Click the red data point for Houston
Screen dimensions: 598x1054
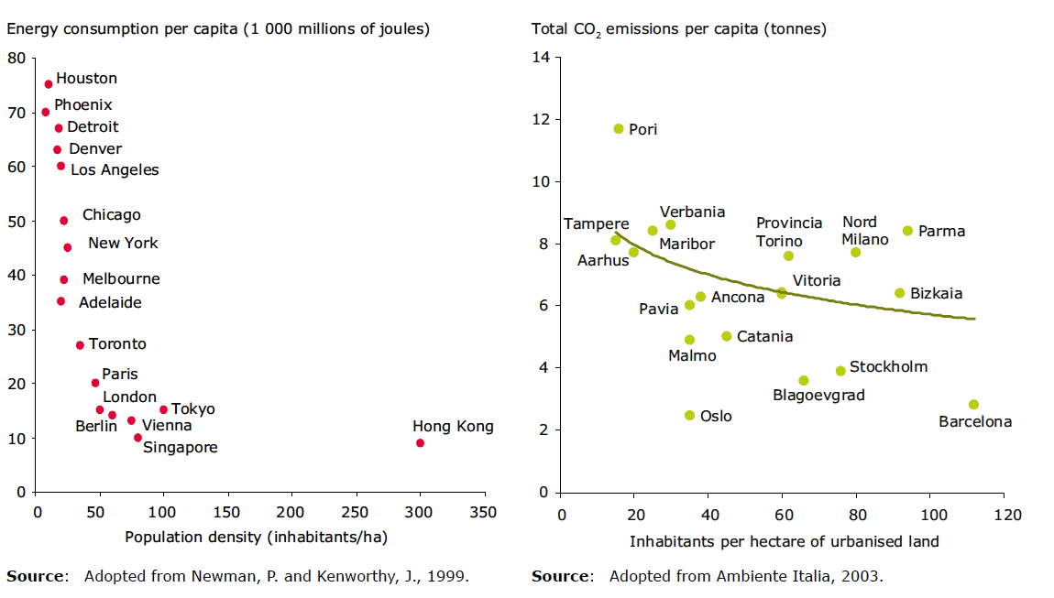[49, 84]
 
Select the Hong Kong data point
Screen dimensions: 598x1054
[420, 443]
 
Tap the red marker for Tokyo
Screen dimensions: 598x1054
[163, 409]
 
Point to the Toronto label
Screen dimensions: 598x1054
[117, 344]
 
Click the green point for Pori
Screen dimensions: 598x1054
[619, 129]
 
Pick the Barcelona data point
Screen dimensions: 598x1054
[973, 405]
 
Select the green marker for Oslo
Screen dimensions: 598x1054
[689, 416]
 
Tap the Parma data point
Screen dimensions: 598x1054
[907, 231]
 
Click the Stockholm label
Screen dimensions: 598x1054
[888, 367]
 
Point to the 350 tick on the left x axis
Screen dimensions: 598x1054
[484, 512]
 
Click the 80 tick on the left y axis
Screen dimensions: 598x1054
[16, 58]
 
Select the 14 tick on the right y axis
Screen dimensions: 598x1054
[541, 58]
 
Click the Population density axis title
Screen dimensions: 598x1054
[256, 538]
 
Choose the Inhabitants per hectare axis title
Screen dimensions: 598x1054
[784, 541]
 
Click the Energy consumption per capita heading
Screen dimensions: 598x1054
[218, 28]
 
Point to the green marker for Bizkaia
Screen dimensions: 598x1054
[899, 293]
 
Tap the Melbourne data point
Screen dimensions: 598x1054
[63, 280]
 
